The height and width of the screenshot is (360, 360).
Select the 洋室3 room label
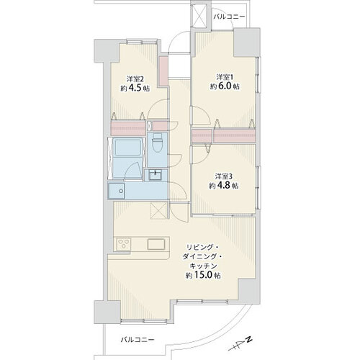[x=223, y=176]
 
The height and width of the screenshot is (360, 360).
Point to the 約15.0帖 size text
[x=203, y=275]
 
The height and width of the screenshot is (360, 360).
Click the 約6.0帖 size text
[x=225, y=86]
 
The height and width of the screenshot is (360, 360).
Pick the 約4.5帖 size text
[x=135, y=88]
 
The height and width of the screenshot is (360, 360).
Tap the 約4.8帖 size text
[x=223, y=186]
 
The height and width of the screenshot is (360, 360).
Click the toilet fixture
[x=158, y=143]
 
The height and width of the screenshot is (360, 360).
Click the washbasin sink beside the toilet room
[x=156, y=174]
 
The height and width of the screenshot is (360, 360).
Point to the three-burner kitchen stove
[x=124, y=244]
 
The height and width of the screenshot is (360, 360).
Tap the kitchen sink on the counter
[x=156, y=244]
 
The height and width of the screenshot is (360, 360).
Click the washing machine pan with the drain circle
[x=116, y=191]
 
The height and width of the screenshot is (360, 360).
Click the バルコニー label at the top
[x=229, y=17]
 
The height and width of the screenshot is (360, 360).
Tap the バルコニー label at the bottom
[x=138, y=340]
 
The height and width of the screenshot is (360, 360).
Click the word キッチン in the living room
[x=204, y=266]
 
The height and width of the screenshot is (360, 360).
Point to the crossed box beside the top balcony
[x=199, y=14]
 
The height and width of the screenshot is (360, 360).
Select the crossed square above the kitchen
[x=158, y=210]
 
